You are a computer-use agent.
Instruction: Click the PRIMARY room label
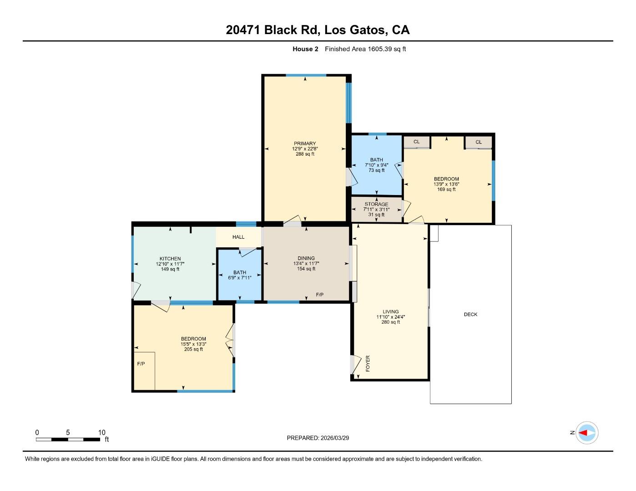[x=304, y=144]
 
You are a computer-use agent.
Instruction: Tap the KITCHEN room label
[x=170, y=259]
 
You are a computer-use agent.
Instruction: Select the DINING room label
[x=304, y=258]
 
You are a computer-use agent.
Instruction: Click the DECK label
[x=470, y=315]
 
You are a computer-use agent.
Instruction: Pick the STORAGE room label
[x=376, y=204]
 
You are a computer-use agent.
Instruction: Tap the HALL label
[x=238, y=237]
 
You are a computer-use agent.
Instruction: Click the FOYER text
[x=368, y=364]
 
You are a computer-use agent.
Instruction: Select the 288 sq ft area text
[x=304, y=154]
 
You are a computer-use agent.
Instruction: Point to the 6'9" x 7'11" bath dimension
[x=240, y=278]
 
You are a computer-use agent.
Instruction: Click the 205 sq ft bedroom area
[x=193, y=349]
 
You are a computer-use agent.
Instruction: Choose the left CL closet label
[x=416, y=142]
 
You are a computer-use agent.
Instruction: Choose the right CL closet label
[x=479, y=142]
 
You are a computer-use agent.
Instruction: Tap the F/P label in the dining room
[x=320, y=295]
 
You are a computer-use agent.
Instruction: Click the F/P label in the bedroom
[x=141, y=364]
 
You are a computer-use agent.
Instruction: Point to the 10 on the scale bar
[x=102, y=433]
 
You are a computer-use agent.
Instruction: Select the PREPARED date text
[x=318, y=438]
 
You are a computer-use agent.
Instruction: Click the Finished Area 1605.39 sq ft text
[x=365, y=49]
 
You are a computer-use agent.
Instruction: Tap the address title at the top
[x=318, y=30]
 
